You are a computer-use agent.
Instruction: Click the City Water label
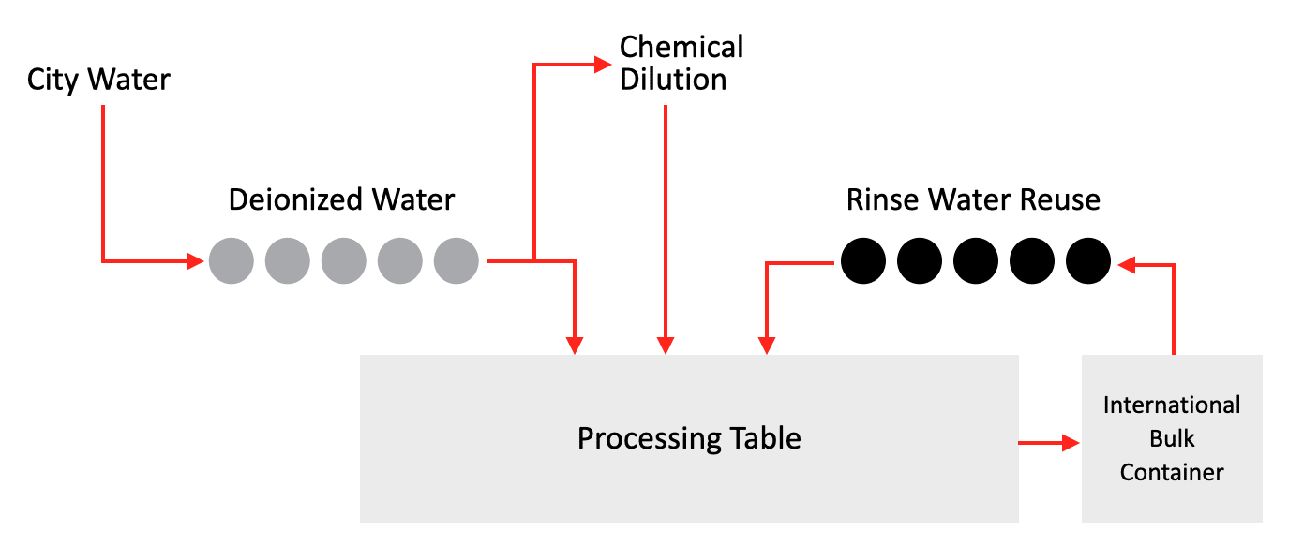(98, 80)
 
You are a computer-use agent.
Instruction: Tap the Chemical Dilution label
(681, 63)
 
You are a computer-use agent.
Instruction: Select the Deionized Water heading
(342, 199)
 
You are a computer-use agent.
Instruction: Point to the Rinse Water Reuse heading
(973, 199)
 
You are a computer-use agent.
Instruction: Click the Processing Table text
(689, 438)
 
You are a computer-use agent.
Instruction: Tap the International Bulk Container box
(1172, 438)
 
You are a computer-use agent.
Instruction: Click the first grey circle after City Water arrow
(232, 260)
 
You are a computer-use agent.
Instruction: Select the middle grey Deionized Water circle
(344, 260)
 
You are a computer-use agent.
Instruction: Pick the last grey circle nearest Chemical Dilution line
(457, 260)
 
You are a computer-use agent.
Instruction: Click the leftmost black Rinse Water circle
(863, 260)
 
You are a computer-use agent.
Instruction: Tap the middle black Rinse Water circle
(976, 260)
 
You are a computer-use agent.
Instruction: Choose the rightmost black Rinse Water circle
(1088, 260)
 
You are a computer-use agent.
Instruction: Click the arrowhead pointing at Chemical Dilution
(602, 65)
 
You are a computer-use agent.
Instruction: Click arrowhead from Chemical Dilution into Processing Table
(666, 346)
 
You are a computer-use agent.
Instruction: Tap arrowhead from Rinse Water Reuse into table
(768, 346)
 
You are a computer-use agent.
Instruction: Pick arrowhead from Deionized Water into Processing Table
(576, 346)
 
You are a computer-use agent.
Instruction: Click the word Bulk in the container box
(1172, 438)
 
